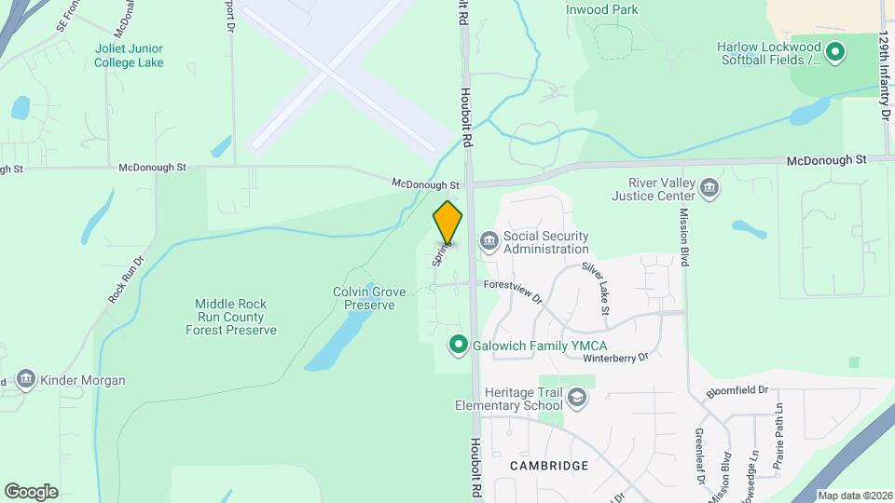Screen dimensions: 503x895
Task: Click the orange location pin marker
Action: (448, 223)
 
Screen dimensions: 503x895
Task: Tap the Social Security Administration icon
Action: (489, 242)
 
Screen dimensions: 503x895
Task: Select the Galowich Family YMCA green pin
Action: (458, 345)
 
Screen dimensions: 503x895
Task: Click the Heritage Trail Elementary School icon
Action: (578, 399)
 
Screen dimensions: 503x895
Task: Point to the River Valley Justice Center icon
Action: (709, 189)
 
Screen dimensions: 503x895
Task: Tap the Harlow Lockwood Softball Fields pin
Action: (835, 52)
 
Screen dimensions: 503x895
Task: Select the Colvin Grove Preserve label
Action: (369, 298)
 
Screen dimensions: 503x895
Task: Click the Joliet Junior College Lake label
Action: (129, 56)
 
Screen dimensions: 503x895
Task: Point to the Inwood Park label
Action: (602, 9)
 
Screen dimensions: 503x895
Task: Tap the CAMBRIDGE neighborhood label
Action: (549, 465)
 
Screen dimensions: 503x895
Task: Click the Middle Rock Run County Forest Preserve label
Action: (231, 317)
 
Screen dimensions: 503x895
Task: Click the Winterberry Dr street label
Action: (614, 357)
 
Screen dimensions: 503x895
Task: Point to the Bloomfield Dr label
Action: (737, 390)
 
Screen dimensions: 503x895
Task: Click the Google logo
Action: (31, 491)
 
